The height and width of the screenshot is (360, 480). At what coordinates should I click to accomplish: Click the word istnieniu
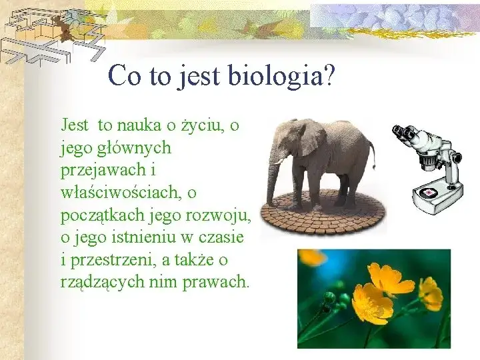(x=135, y=237)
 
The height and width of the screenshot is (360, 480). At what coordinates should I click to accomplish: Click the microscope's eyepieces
(x=403, y=133)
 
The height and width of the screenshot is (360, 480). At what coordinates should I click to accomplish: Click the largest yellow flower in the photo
(x=373, y=303)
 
